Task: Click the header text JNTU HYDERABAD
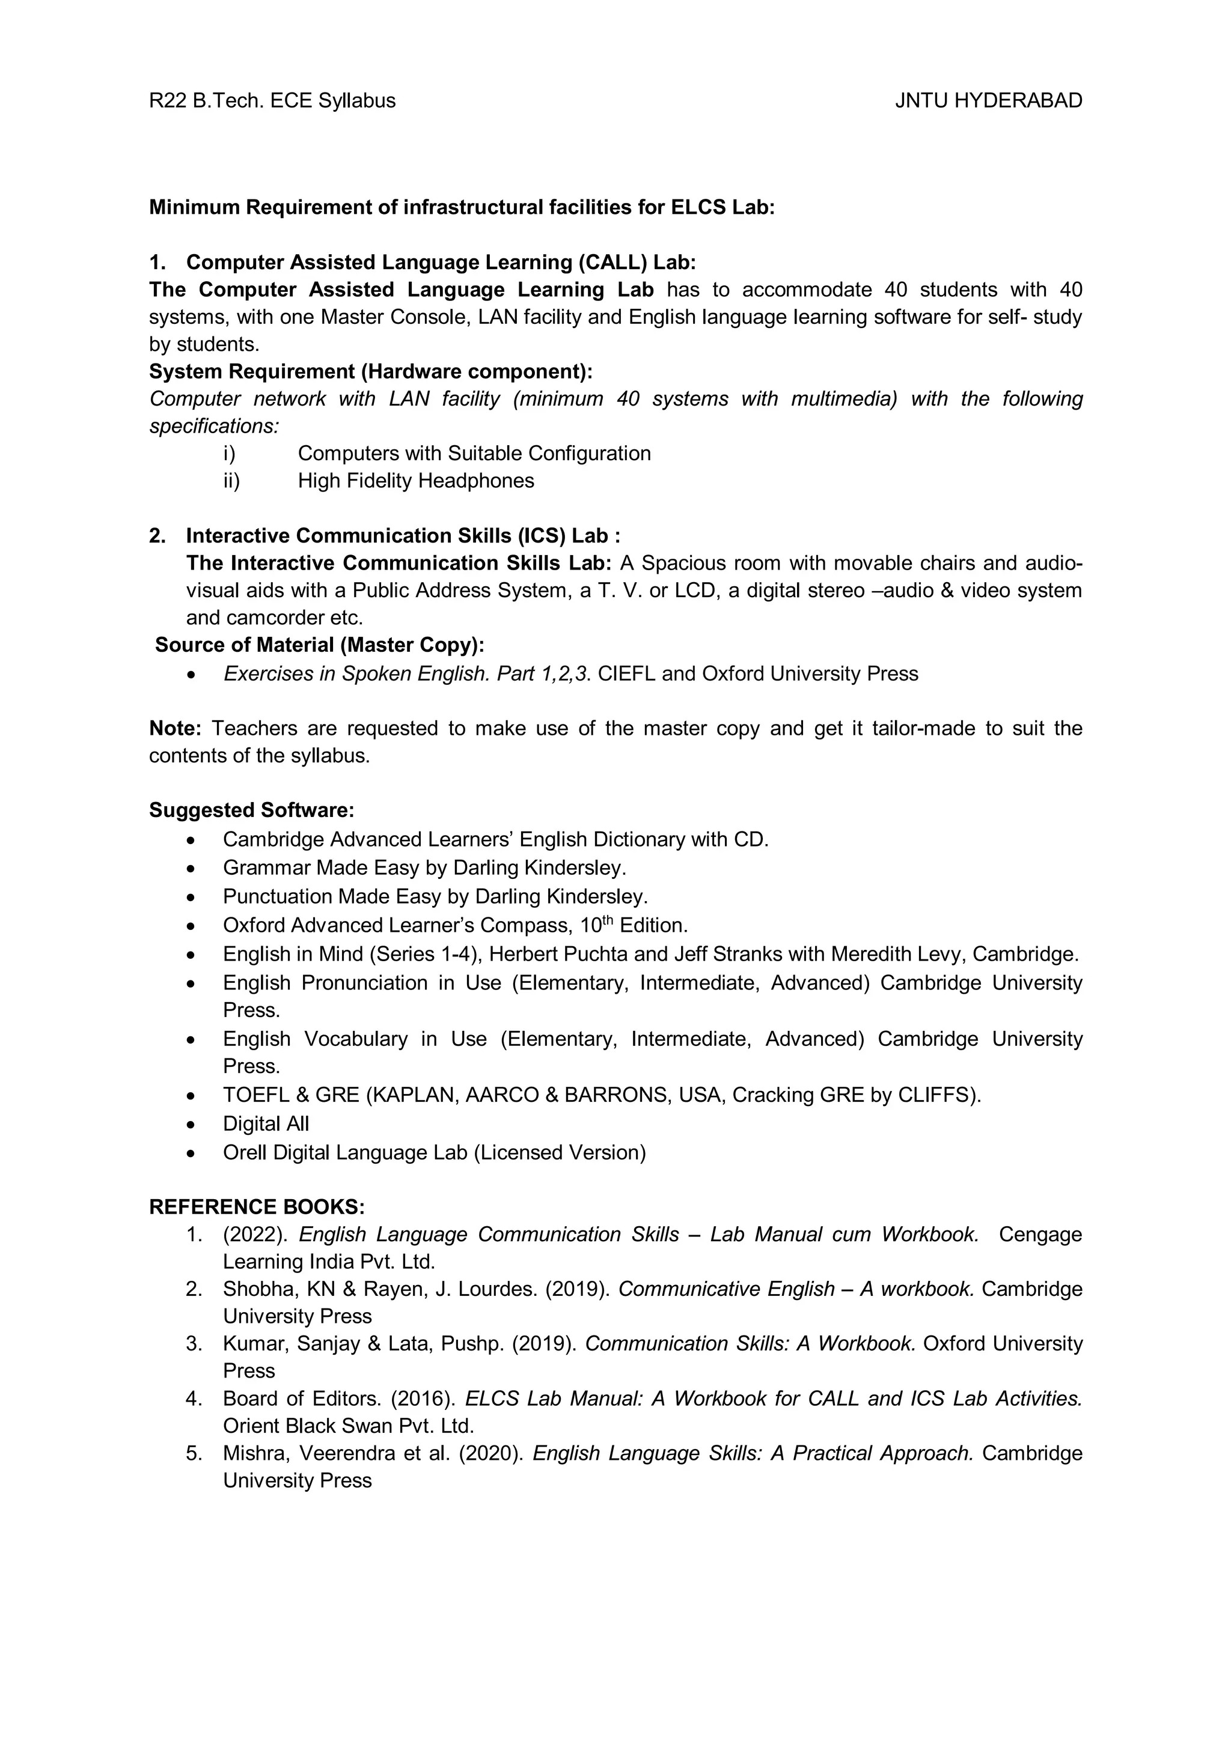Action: point(988,101)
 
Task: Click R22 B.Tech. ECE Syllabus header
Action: point(272,101)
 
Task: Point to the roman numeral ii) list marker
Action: point(231,481)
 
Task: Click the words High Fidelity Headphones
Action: point(415,481)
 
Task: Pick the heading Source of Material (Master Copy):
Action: point(319,645)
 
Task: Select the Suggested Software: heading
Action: point(252,810)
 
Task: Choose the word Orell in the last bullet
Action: point(244,1153)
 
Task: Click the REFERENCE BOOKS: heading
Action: point(257,1207)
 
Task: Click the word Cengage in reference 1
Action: point(1040,1235)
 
